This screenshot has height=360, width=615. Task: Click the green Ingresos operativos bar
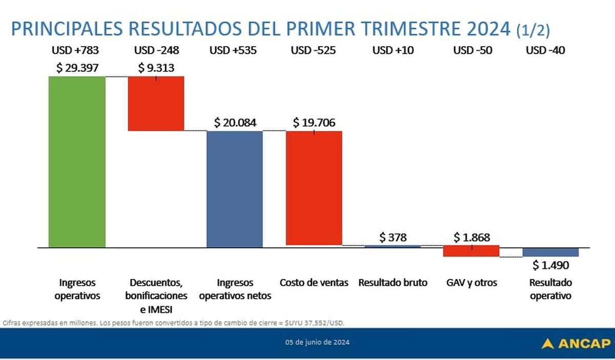[77, 162]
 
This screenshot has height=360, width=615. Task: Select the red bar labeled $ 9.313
[156, 104]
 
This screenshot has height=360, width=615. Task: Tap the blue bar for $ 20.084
[234, 189]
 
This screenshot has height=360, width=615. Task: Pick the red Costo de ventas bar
[314, 188]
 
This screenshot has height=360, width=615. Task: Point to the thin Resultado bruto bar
[393, 246]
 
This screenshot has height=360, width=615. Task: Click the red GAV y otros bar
[471, 251]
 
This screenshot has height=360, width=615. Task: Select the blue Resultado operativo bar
[550, 252]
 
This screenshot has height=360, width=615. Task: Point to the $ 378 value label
[393, 237]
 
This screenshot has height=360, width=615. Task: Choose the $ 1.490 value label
[550, 265]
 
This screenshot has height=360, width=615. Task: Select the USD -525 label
[314, 50]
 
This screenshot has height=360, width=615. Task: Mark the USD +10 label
[393, 50]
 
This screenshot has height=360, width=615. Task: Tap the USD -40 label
[546, 50]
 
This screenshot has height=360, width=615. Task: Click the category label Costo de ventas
[314, 283]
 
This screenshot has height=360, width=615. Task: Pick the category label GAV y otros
[471, 283]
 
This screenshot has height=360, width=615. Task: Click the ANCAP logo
[576, 343]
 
